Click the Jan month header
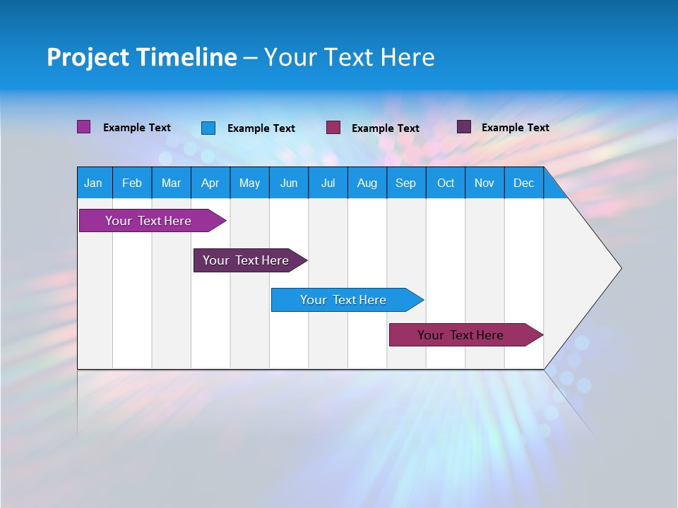click(93, 183)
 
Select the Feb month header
click(132, 183)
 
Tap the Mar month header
click(171, 183)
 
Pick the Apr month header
click(210, 183)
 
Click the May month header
click(249, 183)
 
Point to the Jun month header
click(289, 183)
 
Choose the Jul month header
click(328, 183)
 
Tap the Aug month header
click(367, 183)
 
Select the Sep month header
click(406, 183)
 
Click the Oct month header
click(446, 183)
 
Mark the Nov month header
click(484, 183)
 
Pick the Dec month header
click(524, 183)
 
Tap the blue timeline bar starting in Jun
click(344, 300)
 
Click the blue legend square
click(208, 128)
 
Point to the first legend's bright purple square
click(84, 127)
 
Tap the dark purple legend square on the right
click(464, 127)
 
